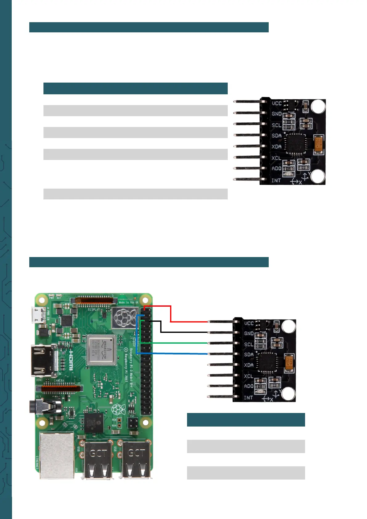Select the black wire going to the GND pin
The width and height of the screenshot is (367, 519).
coord(185,332)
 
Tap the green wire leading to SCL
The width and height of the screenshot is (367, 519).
coord(179,343)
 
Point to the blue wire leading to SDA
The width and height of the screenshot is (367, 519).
coord(179,353)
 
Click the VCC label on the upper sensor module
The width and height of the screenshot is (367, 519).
coord(276,103)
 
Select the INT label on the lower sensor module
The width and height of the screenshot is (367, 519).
coord(248,398)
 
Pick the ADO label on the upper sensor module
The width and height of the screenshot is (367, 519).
coord(276,169)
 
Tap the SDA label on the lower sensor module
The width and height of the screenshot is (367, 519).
coord(249,354)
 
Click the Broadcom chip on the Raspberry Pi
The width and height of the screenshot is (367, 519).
coord(101,349)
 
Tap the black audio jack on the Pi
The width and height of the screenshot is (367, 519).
coord(43,407)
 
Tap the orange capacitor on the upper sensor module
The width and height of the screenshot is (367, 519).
coord(319,145)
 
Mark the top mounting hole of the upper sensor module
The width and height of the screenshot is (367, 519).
coord(318,107)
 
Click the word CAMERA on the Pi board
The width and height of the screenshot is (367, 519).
coord(59,381)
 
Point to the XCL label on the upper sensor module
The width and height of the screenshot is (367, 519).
coord(276,158)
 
